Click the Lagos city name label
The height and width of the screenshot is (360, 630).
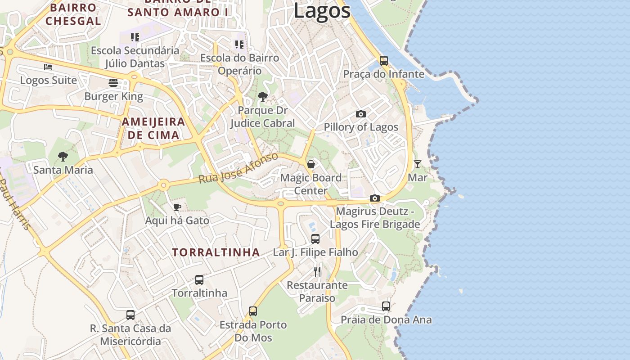point(322,10)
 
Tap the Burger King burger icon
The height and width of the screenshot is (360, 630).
point(113,82)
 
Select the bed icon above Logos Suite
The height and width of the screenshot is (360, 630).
point(48,67)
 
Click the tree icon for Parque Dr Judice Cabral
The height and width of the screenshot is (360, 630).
point(262,96)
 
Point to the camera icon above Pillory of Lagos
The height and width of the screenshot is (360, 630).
point(361,114)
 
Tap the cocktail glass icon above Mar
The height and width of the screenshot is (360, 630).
point(418,164)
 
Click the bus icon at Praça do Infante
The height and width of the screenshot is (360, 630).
point(384,60)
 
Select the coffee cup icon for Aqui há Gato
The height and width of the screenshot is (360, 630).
point(177,207)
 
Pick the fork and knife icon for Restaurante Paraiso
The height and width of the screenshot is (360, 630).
point(317,271)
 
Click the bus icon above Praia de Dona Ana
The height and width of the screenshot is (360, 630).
point(386,306)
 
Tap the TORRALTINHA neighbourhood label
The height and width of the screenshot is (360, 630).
point(216,252)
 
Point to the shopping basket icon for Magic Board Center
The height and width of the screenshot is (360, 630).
point(311,164)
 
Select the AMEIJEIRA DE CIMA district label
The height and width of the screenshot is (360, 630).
point(153,128)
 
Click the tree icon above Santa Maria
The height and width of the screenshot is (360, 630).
point(63,156)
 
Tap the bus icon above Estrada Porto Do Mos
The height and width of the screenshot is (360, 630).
point(253,311)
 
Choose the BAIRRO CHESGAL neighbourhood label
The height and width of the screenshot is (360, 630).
point(73,14)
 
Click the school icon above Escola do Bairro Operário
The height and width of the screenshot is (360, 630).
point(239,44)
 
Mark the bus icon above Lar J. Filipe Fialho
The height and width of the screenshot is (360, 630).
point(315,238)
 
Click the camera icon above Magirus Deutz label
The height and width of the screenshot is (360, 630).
point(375,198)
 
